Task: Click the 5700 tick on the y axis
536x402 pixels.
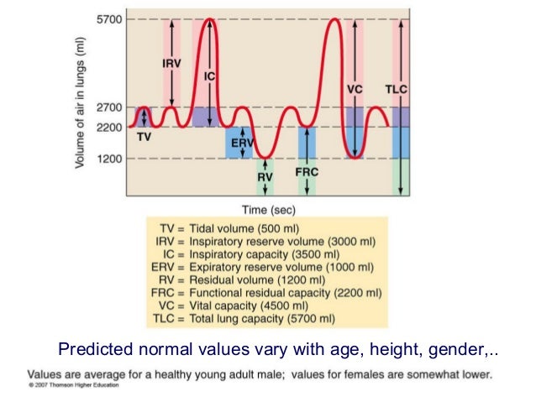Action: point(111,18)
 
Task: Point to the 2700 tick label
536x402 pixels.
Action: point(111,107)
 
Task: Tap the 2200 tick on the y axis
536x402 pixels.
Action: point(111,127)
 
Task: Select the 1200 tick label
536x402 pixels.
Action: point(111,159)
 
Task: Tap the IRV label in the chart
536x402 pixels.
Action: point(171,62)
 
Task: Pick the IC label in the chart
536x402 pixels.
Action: point(210,76)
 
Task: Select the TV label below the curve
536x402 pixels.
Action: point(144,137)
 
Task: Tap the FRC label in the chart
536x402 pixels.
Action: point(307,171)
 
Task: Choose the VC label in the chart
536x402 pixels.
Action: point(355,89)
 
